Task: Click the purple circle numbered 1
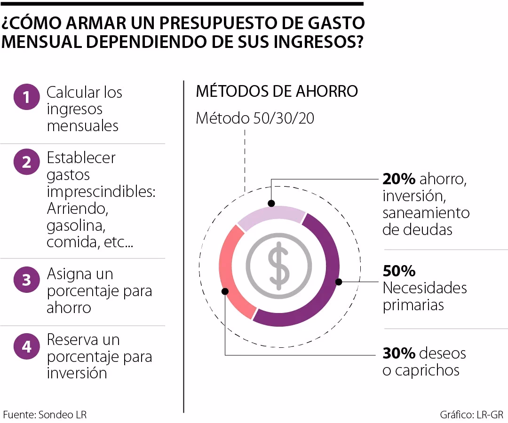tap(27, 97)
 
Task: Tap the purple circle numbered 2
tap(27, 162)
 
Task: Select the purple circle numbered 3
tap(27, 280)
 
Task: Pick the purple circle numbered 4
tap(27, 346)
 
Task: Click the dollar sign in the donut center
tap(279, 266)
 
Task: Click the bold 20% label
tap(399, 179)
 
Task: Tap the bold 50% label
tap(399, 271)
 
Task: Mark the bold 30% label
tap(399, 353)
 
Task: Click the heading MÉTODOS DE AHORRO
tap(277, 91)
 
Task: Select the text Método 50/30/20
tap(254, 118)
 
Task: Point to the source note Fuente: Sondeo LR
tap(45, 415)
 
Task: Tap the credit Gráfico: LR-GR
tap(471, 415)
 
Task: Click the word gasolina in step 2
tap(75, 226)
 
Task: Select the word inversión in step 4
tap(77, 373)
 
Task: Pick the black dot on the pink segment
tap(225, 291)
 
